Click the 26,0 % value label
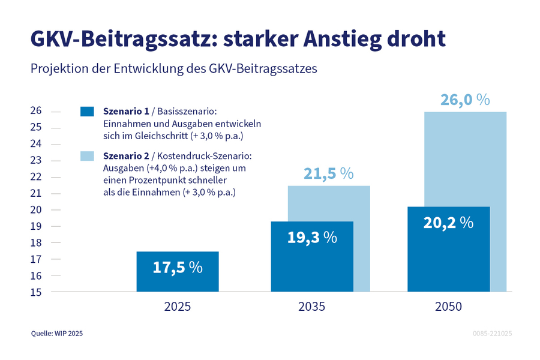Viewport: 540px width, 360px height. click(465, 100)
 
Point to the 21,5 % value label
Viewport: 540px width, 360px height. click(329, 173)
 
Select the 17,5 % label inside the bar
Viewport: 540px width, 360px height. click(178, 267)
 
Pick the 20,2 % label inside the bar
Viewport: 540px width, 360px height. click(448, 223)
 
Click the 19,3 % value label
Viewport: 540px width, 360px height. click(312, 237)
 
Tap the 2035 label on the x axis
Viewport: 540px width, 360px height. click(312, 307)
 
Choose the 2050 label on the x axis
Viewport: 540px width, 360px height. click(448, 307)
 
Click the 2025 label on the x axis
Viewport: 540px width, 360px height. click(178, 307)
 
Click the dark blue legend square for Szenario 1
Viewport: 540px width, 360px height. click(88, 111)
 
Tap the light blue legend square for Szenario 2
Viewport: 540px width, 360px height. click(88, 156)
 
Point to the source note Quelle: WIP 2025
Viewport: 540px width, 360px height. click(58, 333)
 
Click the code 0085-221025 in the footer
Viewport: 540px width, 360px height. click(491, 333)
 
